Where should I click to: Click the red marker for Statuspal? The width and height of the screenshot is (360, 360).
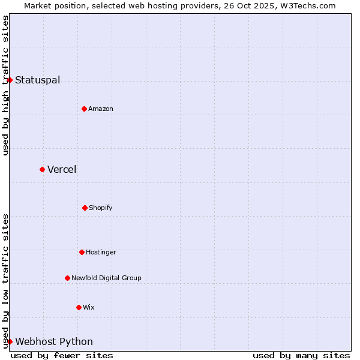click(10, 80)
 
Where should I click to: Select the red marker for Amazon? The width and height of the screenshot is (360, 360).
click(84, 109)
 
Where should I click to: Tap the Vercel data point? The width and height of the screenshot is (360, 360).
click(42, 169)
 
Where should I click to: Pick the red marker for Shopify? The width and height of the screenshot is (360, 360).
click(85, 208)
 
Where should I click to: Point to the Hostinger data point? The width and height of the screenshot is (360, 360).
click(82, 252)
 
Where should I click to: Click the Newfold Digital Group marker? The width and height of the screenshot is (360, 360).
click(67, 278)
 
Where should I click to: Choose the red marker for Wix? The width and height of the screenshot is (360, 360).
click(79, 307)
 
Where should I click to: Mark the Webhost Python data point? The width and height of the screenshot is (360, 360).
click(10, 341)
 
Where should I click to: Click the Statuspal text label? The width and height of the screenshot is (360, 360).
click(37, 80)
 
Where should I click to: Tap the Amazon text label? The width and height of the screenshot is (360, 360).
click(101, 109)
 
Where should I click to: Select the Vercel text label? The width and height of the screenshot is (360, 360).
click(62, 170)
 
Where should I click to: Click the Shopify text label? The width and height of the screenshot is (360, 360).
click(101, 208)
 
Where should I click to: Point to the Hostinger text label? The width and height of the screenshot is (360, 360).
click(101, 253)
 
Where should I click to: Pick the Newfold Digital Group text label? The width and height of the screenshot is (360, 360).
click(106, 278)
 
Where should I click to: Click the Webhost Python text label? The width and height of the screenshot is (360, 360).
click(54, 342)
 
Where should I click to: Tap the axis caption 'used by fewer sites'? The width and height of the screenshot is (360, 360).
click(62, 355)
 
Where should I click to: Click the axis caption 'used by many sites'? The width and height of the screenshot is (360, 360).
click(301, 355)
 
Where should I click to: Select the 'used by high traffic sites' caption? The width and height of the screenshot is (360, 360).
click(6, 85)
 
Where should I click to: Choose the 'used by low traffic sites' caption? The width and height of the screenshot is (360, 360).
click(6, 281)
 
